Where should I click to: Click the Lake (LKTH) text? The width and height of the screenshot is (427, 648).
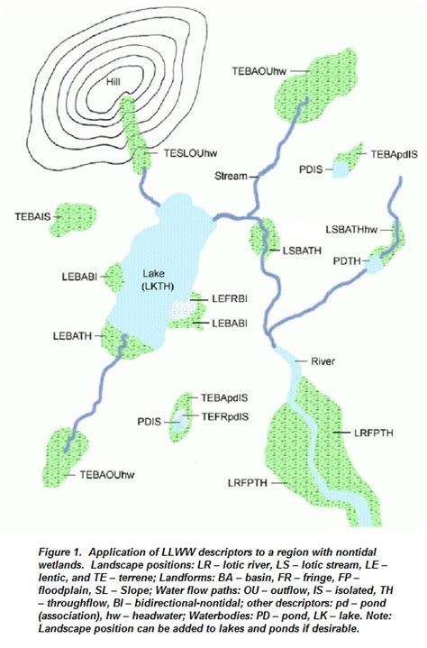[155, 278]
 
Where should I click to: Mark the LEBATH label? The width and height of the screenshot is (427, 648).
[72, 334]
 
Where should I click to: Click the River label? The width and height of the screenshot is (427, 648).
[322, 362]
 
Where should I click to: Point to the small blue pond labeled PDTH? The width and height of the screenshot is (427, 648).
[376, 264]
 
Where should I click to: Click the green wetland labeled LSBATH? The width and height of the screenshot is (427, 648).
[259, 237]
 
